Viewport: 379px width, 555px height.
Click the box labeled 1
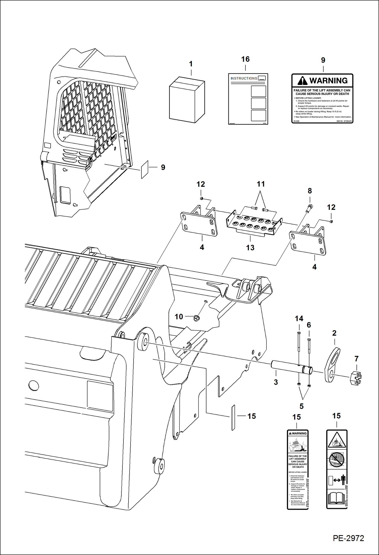[187, 100]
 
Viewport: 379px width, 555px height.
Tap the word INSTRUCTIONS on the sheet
[244, 78]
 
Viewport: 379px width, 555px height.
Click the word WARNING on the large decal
[328, 81]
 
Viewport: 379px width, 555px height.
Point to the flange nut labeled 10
[196, 318]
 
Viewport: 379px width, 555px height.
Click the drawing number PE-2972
[348, 538]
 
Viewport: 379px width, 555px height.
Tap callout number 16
[245, 59]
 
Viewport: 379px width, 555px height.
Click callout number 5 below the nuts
[301, 406]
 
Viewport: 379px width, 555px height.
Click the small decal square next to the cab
[145, 170]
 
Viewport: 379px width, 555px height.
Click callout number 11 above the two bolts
[261, 184]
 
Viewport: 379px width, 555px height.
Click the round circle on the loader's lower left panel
[34, 386]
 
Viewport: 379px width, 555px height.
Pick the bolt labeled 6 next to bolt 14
[309, 346]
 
